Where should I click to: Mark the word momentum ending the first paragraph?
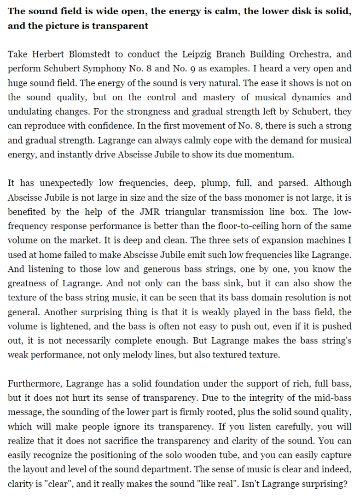click(x=271, y=154)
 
